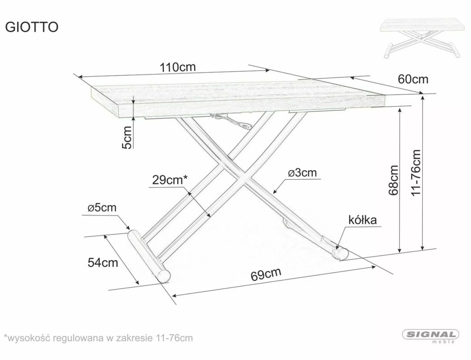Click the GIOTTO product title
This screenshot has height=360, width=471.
32,27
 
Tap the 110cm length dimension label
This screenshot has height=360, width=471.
178,67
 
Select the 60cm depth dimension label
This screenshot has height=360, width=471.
413,79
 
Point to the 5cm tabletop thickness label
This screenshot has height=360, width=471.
127,137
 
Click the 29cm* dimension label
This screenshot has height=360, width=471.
170,180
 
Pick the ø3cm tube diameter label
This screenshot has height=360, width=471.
302,173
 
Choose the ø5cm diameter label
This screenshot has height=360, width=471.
102,208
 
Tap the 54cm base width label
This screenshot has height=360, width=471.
103,263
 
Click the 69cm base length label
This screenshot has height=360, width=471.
266,274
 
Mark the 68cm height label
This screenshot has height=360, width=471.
394,180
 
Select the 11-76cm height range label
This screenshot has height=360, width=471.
416,173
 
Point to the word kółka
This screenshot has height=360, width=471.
362,220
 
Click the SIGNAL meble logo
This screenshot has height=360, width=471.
431,336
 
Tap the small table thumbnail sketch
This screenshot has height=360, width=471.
420,39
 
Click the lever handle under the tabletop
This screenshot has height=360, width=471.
232,121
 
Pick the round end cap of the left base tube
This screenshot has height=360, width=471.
163,275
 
